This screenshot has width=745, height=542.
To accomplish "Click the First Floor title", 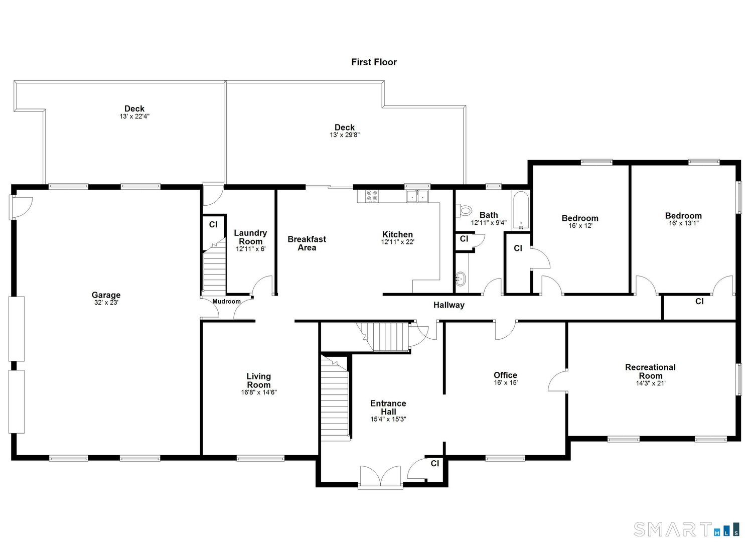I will coord(374,62).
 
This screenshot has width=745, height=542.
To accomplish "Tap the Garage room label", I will coord(106,295).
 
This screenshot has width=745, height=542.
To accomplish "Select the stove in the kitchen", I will coord(372,196).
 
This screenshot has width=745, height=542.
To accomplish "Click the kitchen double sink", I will coord(417,196).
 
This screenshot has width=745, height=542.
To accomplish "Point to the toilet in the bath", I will coord(465,210).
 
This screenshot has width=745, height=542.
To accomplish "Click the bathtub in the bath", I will coord(521,210).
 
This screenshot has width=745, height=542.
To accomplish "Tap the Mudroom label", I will coord(226,302).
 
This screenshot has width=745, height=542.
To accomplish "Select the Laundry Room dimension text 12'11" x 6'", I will coord(250,249).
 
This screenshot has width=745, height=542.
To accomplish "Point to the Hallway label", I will coord(449,305).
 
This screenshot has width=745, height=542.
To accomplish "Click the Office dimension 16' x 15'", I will coord(505,383).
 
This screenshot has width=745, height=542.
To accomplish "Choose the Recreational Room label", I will coord(650,371).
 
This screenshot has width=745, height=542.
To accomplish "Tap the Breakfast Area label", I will coord(307,243).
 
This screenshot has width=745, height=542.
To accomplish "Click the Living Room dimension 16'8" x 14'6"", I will coord(258,393).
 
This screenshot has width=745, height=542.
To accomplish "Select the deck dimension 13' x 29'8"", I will coord(345,135).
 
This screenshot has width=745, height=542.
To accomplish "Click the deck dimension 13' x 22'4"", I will coord(134,116).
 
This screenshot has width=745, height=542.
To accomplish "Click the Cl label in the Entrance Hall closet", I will coord(434,464).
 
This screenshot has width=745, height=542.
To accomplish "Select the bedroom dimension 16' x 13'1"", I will coord(683,223).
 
